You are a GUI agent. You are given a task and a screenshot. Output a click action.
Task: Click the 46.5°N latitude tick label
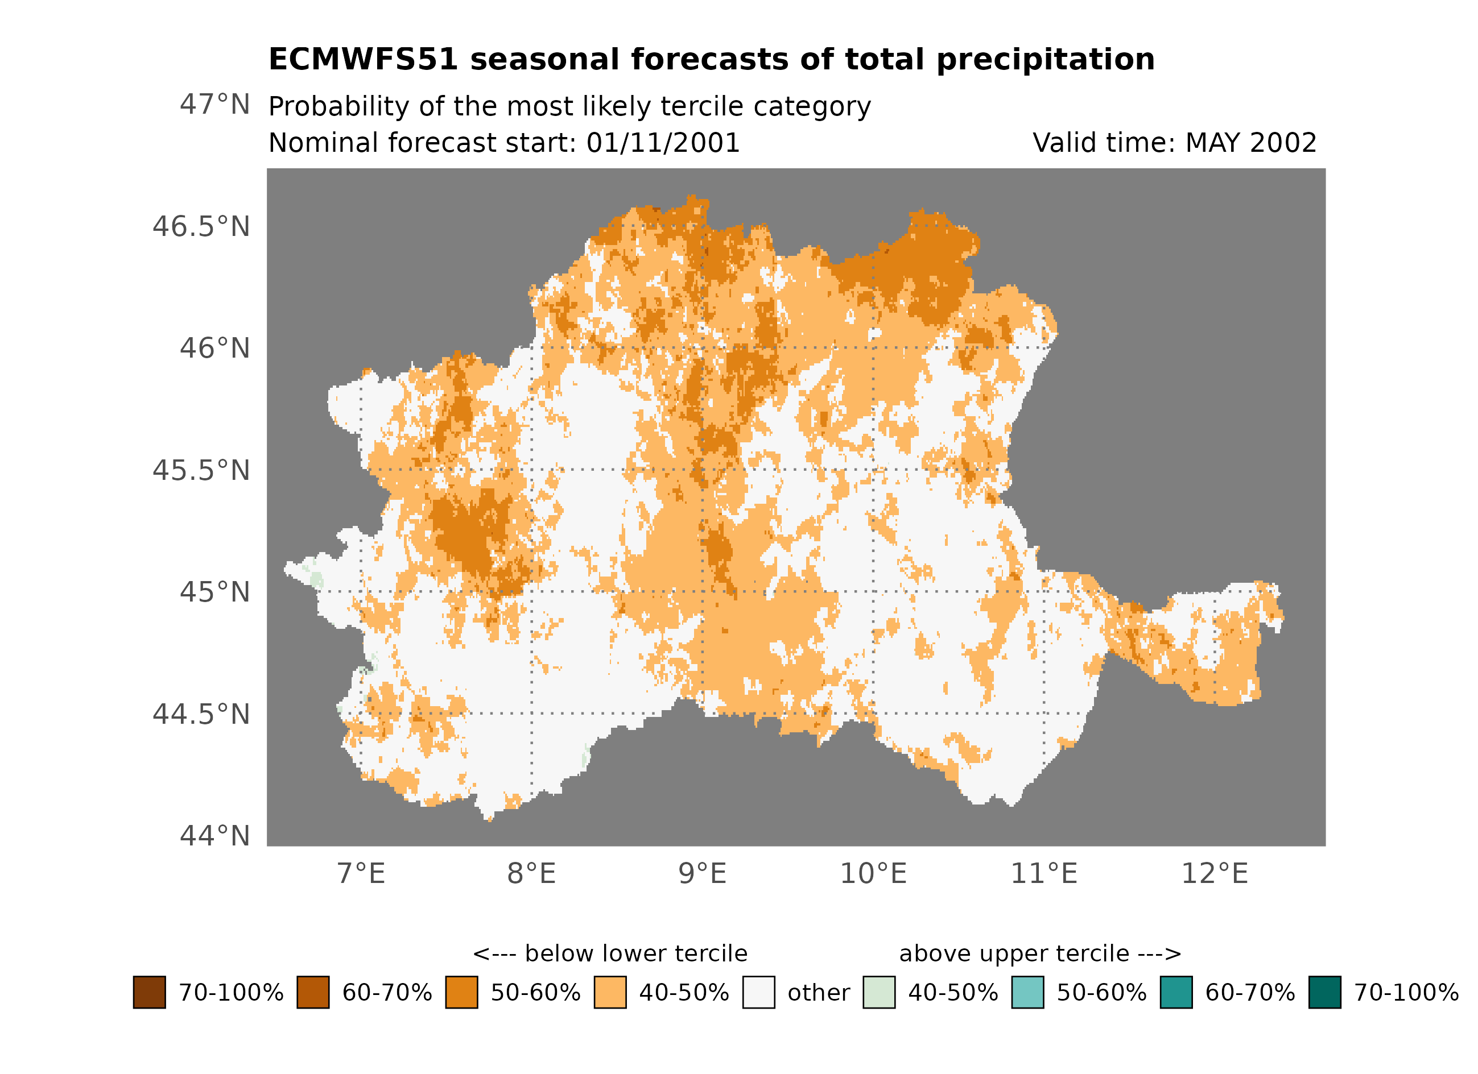[x=201, y=227]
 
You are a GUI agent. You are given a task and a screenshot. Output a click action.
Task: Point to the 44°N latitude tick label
[x=215, y=836]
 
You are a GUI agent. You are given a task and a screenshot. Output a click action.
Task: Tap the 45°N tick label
[x=215, y=592]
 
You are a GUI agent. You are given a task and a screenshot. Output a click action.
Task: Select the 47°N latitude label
[x=215, y=104]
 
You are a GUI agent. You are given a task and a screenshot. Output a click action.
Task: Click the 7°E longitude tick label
[x=361, y=874]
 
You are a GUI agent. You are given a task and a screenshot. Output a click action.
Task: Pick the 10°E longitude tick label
[x=873, y=874]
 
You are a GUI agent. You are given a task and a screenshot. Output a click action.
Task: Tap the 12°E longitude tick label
[x=1215, y=874]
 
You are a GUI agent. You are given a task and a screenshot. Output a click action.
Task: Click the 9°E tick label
[x=703, y=874]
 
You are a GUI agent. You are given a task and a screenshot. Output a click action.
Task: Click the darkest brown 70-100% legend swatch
[x=149, y=993]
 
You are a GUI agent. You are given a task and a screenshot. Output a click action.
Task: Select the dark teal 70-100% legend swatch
[x=1325, y=993]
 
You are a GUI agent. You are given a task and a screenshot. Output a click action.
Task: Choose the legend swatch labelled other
[x=758, y=993]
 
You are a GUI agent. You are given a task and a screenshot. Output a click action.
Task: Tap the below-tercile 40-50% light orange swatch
[x=610, y=993]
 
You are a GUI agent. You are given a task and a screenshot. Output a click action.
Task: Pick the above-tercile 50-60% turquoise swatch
[x=1027, y=993]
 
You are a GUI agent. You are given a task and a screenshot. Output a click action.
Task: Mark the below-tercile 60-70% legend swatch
[x=313, y=993]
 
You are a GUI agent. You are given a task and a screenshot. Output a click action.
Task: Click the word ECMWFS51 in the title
[x=364, y=60]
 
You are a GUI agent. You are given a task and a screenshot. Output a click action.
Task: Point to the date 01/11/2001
[x=663, y=143]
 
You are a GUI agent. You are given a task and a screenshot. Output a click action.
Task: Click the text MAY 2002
[x=1250, y=143]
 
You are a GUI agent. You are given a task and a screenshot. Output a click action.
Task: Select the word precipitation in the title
[x=1045, y=60]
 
